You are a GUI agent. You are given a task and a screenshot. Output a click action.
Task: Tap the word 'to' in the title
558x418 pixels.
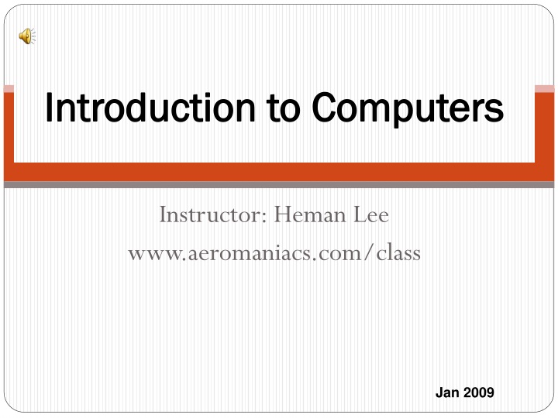[287, 108]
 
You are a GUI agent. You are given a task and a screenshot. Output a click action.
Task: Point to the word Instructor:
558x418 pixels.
[211, 214]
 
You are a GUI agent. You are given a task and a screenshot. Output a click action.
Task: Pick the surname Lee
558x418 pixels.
[371, 214]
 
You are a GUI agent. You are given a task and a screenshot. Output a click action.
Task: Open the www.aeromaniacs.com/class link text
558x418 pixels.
[274, 252]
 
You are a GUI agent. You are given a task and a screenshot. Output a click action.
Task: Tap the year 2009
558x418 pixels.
[480, 392]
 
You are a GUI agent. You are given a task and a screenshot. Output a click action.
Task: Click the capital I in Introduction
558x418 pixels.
[50, 108]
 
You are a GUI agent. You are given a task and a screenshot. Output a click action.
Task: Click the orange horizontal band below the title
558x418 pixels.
[279, 173]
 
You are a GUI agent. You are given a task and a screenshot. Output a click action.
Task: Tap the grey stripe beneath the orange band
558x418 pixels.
[279, 185]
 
